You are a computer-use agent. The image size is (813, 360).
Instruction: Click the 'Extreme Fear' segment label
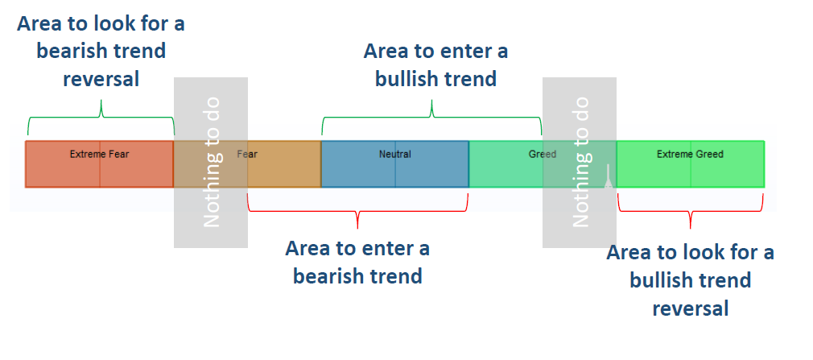click(100, 154)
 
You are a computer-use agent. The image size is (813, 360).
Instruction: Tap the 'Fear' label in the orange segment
click(247, 154)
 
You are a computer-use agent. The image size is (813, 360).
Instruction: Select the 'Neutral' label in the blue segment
click(395, 154)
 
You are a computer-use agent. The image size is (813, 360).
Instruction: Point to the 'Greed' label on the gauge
click(543, 154)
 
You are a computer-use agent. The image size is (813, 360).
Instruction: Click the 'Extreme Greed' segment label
click(690, 154)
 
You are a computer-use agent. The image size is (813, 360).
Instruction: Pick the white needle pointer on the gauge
click(609, 176)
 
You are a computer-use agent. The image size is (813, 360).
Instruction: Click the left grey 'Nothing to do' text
click(212, 163)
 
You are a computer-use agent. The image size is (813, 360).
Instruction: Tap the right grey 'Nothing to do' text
click(580, 163)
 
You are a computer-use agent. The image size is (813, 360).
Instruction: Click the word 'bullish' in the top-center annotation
click(403, 79)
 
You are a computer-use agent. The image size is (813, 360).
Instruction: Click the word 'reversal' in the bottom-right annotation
click(690, 308)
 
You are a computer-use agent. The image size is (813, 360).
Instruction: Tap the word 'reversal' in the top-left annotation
click(101, 79)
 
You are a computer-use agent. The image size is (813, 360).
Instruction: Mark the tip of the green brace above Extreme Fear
click(101, 100)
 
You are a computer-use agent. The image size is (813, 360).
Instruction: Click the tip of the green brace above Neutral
click(432, 100)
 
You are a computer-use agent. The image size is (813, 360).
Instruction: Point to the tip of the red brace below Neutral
click(357, 228)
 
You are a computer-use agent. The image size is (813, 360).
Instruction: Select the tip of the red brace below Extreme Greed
click(690, 228)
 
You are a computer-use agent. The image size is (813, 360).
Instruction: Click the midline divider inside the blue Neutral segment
click(395, 164)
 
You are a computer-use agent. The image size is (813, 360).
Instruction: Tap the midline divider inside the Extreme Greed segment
click(690, 164)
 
